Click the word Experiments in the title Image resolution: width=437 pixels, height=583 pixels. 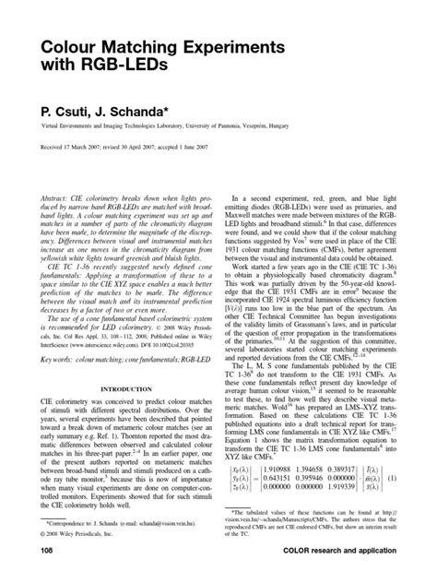tap(237, 46)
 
